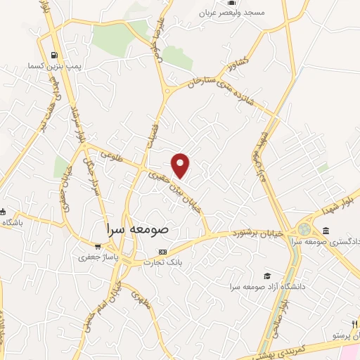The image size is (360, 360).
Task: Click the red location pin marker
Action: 181,165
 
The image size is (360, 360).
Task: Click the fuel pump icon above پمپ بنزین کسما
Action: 55,55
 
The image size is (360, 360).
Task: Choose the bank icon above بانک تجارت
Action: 162,252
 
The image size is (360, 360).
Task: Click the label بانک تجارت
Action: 163,262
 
